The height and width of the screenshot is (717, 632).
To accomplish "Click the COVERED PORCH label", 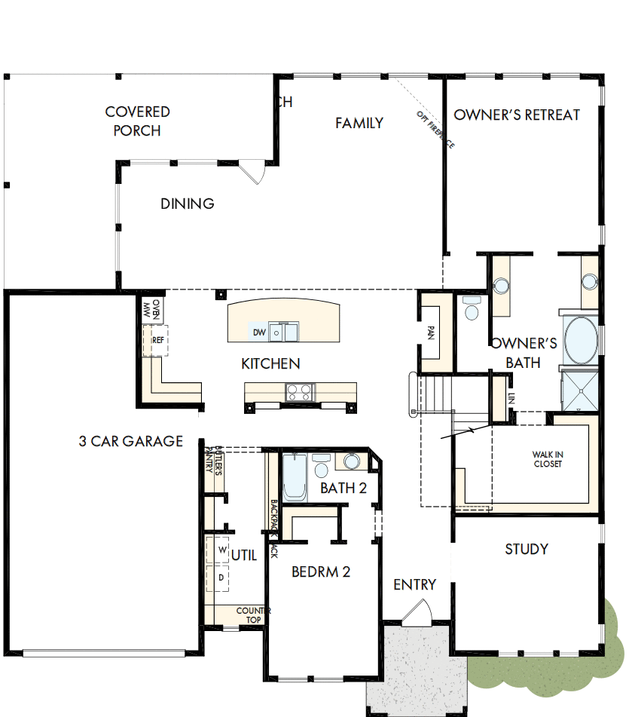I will (137, 121).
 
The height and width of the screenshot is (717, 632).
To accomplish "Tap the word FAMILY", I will (359, 123).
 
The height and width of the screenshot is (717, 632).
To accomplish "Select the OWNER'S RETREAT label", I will (517, 115).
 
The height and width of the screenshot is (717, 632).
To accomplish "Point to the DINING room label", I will (187, 204).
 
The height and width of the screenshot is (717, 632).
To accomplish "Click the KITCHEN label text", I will (270, 364).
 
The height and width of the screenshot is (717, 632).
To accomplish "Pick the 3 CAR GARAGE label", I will (130, 441).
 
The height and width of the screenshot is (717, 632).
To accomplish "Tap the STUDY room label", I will (526, 549).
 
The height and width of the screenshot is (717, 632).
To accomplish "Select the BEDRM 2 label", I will (321, 571).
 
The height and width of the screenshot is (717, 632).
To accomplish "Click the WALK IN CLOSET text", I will (548, 459).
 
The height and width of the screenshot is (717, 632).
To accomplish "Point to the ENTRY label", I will (414, 584).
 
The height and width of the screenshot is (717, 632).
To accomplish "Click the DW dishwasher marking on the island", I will (258, 332).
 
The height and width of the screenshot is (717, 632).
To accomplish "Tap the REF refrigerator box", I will (158, 340).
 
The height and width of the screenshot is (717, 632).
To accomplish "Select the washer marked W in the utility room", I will (222, 550).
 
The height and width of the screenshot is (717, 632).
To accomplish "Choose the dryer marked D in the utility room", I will (222, 577).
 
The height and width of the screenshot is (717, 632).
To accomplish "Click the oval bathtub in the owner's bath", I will (580, 341).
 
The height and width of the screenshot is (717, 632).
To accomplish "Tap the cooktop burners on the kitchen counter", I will (300, 392).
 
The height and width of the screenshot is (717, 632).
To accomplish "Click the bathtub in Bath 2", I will (294, 478).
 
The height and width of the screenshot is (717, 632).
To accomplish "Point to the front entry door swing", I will (417, 611).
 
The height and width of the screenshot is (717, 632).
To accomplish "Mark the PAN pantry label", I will (431, 332).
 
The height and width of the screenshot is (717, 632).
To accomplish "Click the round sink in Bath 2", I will (352, 461).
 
